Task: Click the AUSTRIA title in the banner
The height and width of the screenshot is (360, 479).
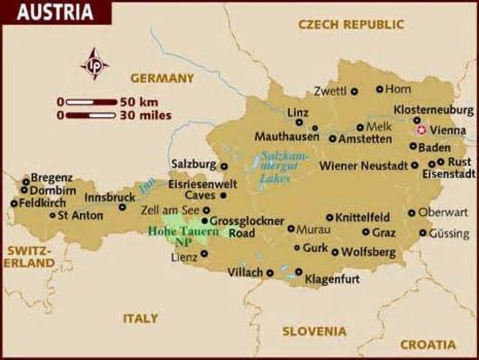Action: click(55, 13)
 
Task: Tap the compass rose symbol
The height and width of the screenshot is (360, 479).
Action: click(94, 64)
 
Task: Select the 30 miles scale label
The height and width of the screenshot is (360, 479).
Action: click(145, 115)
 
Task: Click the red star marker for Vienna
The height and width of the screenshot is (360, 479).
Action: click(420, 129)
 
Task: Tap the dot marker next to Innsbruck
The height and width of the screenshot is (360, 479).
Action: click(123, 207)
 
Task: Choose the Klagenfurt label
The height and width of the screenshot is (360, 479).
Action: click(332, 279)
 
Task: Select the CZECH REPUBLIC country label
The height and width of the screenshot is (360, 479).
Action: click(351, 25)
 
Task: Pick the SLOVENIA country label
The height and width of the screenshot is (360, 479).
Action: click(314, 331)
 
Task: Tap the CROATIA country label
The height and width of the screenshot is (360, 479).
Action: click(427, 344)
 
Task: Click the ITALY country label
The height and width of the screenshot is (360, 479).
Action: click(140, 318)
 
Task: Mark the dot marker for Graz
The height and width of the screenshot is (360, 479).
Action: click(366, 232)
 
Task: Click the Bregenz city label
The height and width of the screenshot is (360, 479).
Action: click(52, 178)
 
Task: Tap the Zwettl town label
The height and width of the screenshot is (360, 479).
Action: click(330, 91)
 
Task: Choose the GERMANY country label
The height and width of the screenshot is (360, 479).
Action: click(162, 78)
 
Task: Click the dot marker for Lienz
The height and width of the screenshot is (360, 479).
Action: click(204, 253)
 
